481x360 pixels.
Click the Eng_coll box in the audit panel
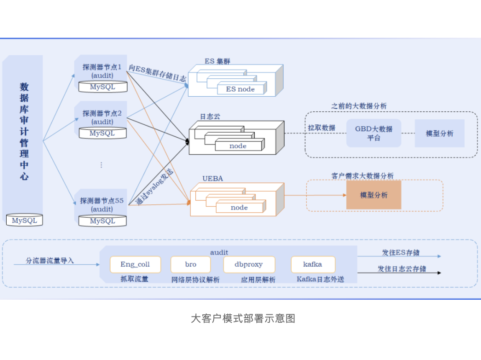(x=135, y=265)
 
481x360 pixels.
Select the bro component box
(x=190, y=265)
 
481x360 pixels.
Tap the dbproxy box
(x=249, y=265)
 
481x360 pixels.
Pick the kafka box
(x=313, y=265)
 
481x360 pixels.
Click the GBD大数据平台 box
(x=374, y=133)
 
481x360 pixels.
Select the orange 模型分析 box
(x=374, y=195)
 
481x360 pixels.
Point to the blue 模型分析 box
(x=439, y=133)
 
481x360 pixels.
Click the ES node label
(x=240, y=89)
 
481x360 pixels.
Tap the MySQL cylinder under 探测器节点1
(x=102, y=87)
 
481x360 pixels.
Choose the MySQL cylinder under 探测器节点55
(x=102, y=221)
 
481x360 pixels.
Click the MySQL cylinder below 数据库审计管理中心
(x=24, y=220)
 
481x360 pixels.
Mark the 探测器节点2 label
(x=102, y=113)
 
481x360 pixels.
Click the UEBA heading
(x=213, y=179)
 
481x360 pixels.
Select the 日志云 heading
(x=210, y=116)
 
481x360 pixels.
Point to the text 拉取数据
(x=322, y=128)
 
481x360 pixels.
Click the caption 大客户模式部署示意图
(x=243, y=319)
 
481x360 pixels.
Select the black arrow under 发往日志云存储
(x=399, y=273)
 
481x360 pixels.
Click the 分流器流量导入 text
(x=50, y=260)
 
